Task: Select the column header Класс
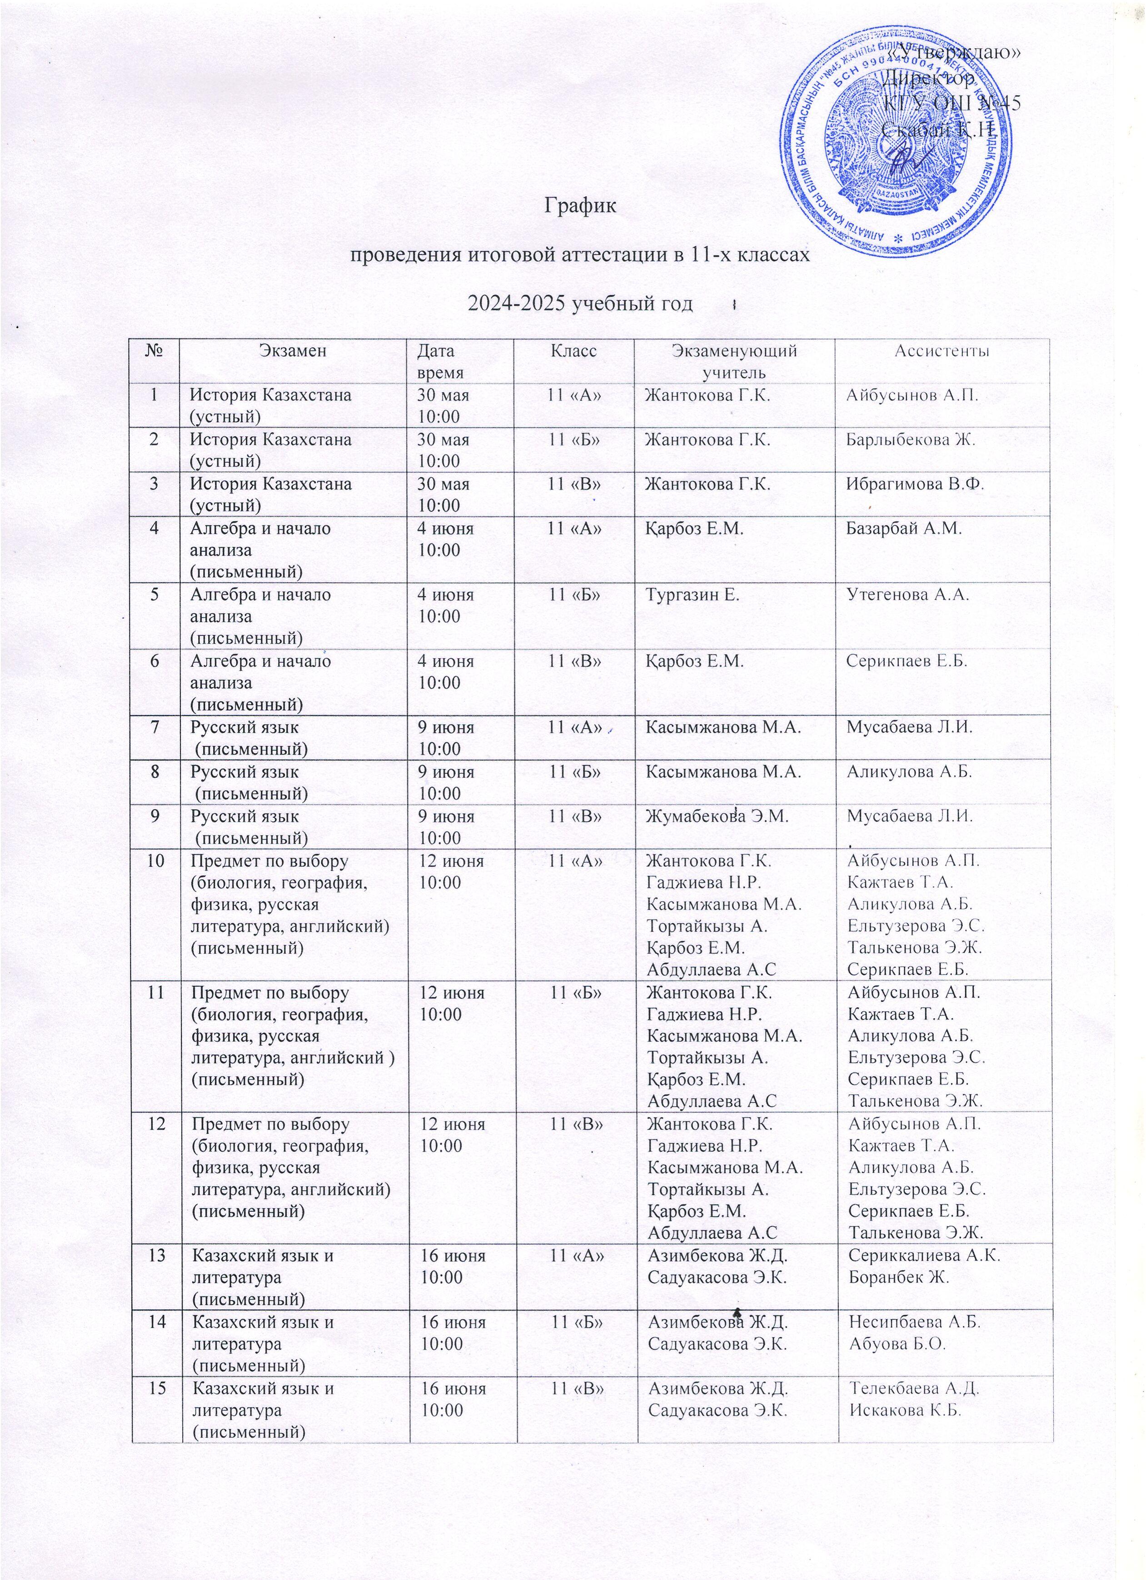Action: click(574, 350)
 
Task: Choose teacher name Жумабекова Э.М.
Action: click(717, 816)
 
